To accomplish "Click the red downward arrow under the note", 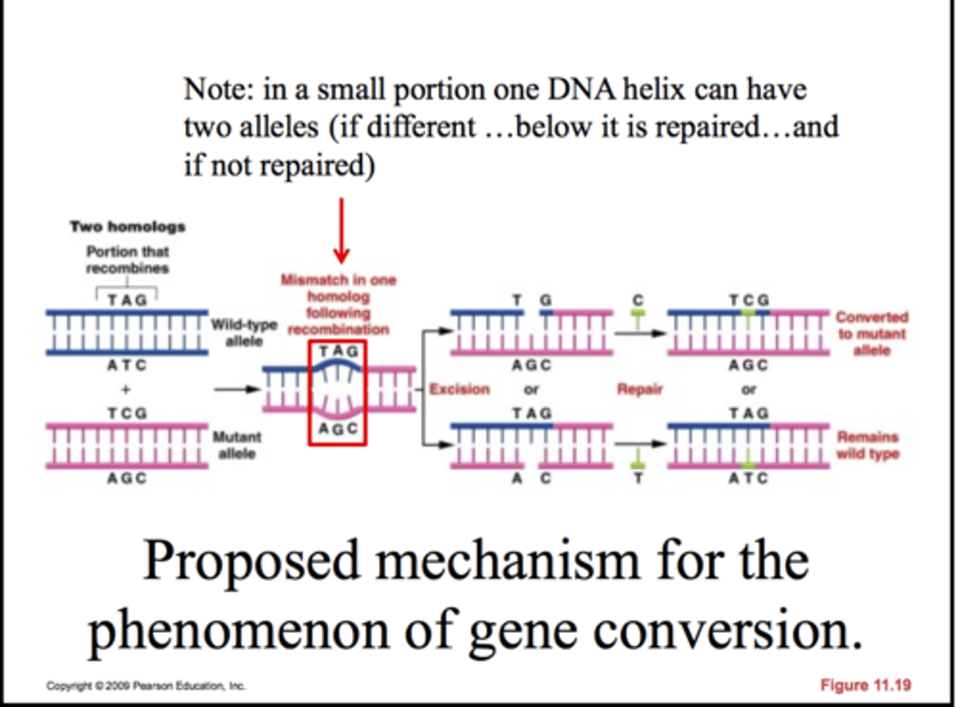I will [341, 230].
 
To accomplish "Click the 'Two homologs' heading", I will [128, 226].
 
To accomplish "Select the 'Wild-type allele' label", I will [244, 333].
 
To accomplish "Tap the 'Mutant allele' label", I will [237, 445].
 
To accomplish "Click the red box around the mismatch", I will [337, 393].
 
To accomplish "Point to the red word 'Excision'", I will [459, 389].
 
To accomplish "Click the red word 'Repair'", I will [639, 389].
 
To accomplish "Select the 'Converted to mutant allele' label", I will [872, 333].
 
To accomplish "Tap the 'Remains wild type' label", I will [868, 445].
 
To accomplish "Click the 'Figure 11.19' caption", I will [866, 684].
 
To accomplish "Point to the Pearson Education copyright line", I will [146, 685].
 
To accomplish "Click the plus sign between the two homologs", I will [126, 389].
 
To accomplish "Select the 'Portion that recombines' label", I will [127, 260].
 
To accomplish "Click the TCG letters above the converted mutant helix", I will [748, 300].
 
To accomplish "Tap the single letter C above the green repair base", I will [638, 300].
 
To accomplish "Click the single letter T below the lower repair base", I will [638, 478].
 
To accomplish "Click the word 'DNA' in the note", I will [580, 89].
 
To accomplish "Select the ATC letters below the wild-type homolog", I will [126, 365].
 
